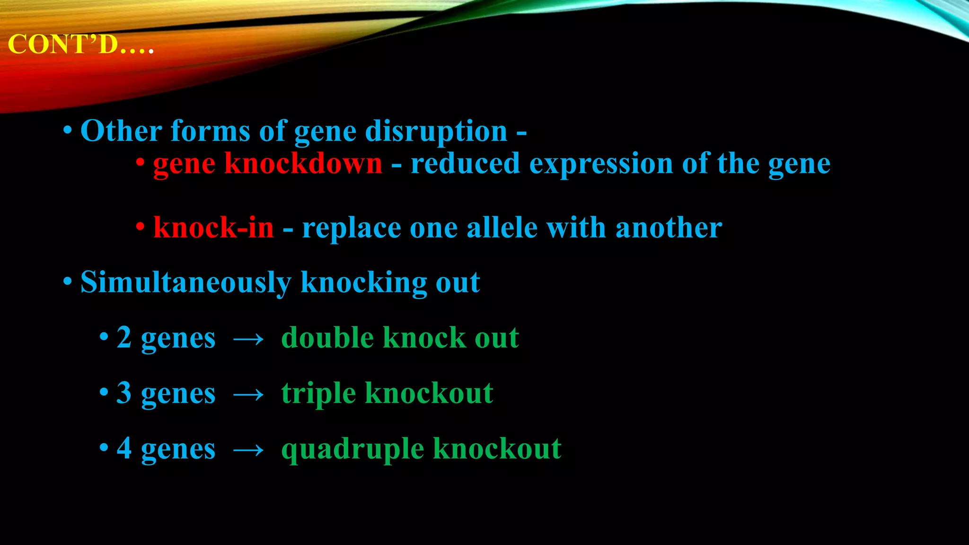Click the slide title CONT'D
80,45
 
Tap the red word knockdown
303,164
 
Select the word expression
601,164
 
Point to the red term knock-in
213,228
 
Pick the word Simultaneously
185,283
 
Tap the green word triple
318,394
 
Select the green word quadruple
352,449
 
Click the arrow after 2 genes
248,339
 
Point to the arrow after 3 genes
248,395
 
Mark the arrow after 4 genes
248,450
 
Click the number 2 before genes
124,338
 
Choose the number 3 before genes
124,393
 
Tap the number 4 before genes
124,448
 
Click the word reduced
465,164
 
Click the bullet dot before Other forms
68,131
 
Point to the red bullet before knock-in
140,227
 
